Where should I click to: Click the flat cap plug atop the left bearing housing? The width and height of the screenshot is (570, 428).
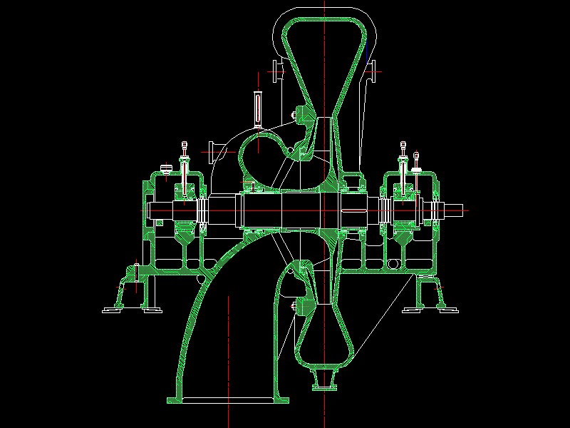point(167,169)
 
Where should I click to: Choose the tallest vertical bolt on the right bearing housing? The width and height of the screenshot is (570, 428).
point(403,164)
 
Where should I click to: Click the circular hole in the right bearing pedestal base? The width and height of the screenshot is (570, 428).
point(391,265)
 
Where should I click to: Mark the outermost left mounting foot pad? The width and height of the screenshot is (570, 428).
point(113,310)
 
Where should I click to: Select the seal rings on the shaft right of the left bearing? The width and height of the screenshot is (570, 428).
point(202,210)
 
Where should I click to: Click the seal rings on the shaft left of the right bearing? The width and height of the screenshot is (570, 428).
point(385,210)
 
